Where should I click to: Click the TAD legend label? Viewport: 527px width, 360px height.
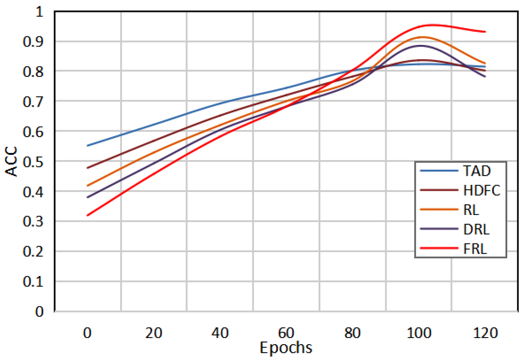(477, 171)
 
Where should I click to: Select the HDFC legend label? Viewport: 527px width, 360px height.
(482, 190)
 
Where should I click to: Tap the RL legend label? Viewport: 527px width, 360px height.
(471, 210)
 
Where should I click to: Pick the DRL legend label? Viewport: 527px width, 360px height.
(476, 229)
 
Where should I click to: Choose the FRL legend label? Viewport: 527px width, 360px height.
(475, 249)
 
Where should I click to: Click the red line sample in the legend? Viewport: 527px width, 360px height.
(439, 248)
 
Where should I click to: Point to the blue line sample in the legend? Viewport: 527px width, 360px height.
(439, 171)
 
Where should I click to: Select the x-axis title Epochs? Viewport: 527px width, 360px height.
(286, 348)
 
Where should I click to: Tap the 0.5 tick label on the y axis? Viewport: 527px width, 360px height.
(33, 162)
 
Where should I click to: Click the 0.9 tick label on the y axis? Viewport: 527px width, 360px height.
(33, 41)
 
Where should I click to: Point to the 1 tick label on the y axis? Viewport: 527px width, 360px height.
(40, 12)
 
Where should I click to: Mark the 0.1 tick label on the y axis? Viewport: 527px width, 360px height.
(33, 282)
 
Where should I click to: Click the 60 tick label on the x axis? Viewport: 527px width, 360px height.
(286, 333)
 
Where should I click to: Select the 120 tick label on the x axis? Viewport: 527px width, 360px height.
(485, 333)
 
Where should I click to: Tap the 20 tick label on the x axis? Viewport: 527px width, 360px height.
(154, 333)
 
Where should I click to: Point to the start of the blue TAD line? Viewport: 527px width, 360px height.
(87, 146)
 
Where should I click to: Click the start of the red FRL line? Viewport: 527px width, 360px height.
(87, 215)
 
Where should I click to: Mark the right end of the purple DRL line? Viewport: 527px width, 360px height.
(485, 77)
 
